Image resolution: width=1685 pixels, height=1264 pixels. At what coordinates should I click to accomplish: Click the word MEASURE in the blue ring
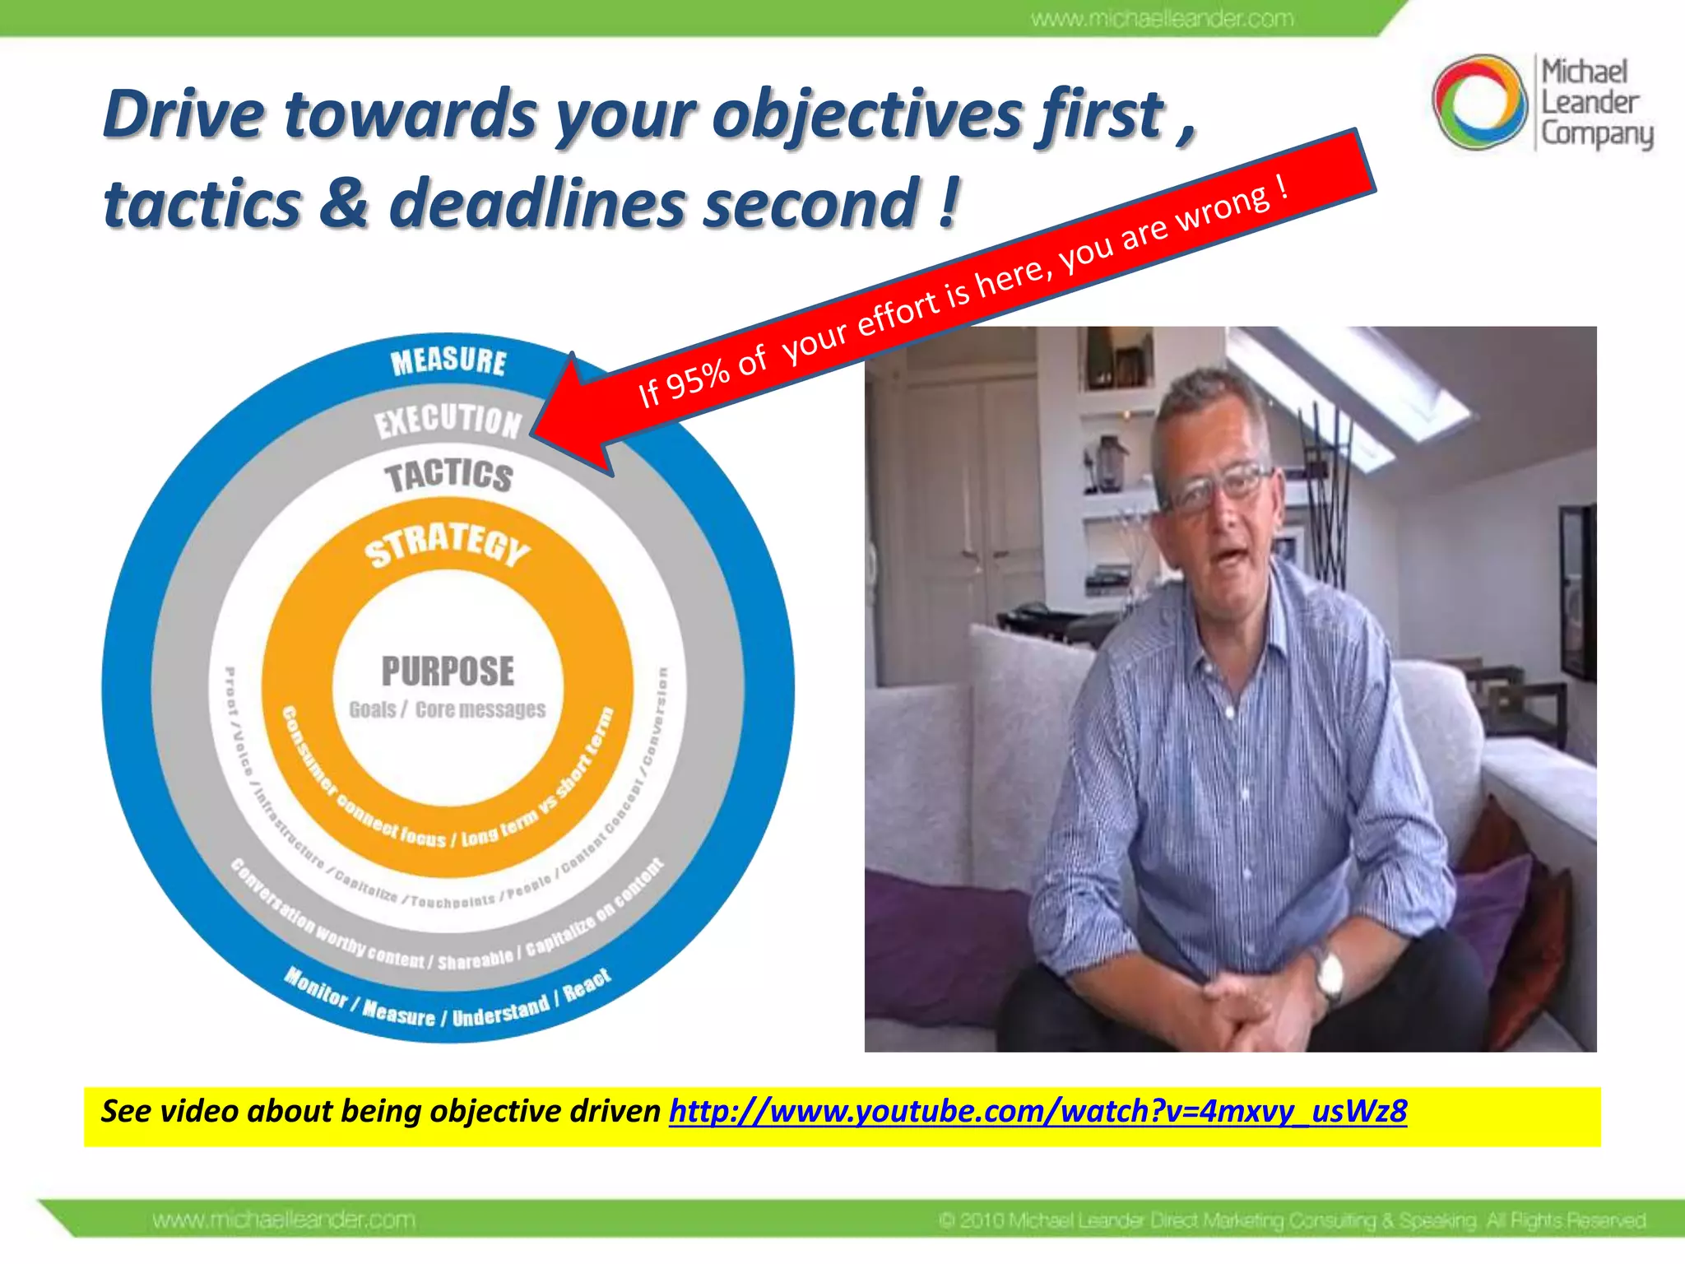(448, 361)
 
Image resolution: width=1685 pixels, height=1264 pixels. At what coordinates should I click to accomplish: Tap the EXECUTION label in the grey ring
(448, 421)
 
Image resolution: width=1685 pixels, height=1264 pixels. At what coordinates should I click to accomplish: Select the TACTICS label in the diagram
(448, 476)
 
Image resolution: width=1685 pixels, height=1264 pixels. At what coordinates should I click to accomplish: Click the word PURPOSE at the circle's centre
(448, 671)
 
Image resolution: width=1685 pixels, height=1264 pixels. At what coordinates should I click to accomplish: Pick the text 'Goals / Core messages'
(447, 709)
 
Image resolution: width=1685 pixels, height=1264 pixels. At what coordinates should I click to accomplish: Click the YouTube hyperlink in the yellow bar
(1037, 1111)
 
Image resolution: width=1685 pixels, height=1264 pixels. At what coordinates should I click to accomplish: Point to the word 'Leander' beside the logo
(1590, 103)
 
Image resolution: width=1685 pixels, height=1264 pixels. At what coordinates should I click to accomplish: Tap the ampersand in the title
(344, 203)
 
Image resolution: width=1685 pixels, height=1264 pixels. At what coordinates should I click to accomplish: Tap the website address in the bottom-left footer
(284, 1220)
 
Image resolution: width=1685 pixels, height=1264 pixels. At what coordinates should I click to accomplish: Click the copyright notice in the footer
(1292, 1220)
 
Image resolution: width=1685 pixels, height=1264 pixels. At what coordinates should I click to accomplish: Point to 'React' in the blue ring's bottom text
(587, 984)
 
